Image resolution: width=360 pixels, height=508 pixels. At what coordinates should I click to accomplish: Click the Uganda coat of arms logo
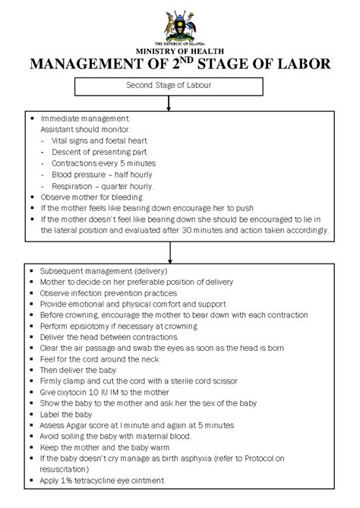(180, 26)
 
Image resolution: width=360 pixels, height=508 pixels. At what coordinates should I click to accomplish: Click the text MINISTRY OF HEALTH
(180, 51)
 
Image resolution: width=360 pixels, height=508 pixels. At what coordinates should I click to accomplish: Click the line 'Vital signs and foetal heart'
(99, 140)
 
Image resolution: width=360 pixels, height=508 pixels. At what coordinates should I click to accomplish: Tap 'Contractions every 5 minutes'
(103, 163)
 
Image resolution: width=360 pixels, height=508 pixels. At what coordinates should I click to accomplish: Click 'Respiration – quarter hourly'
(102, 186)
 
